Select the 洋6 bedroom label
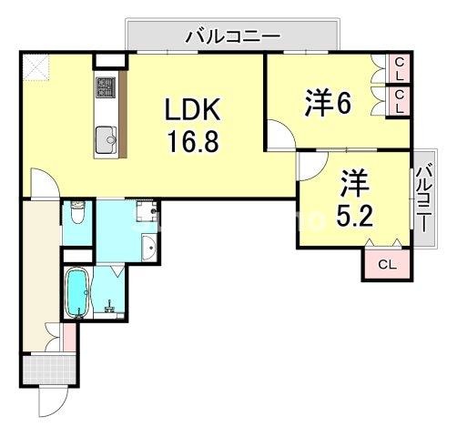(328, 103)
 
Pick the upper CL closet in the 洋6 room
(398, 68)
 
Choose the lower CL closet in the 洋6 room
(398, 100)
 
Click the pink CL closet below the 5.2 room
(386, 265)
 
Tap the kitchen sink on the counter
(104, 140)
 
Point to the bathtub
(77, 291)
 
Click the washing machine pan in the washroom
(146, 213)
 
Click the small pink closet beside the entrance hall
(68, 337)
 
